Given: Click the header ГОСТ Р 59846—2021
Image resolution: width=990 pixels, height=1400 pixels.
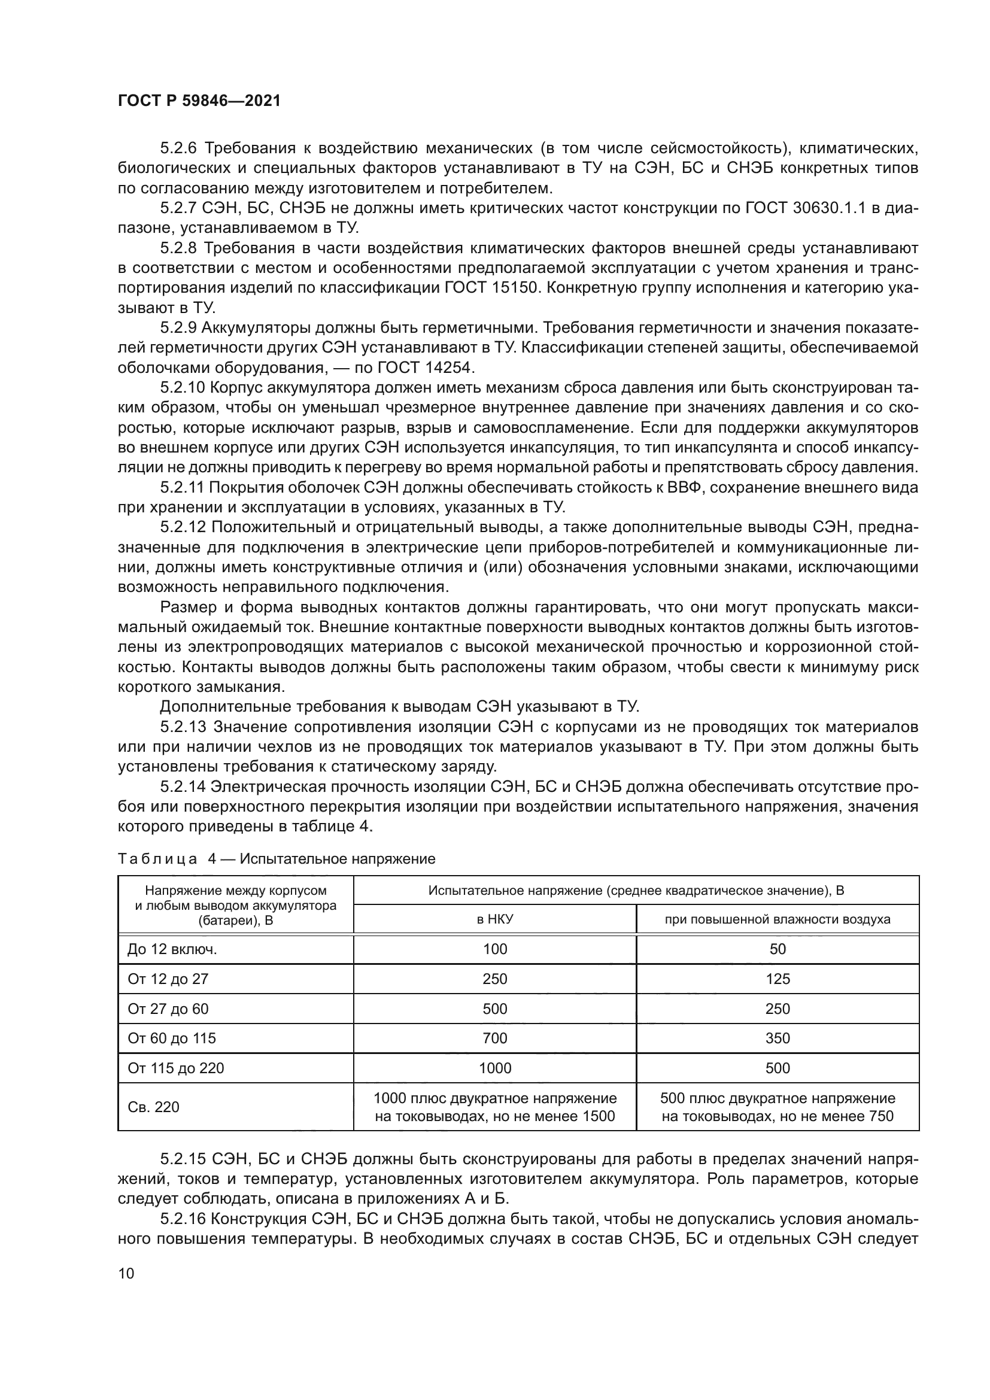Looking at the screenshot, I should [x=199, y=101].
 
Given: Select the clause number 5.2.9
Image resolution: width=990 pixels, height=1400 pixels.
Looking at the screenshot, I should [x=178, y=328].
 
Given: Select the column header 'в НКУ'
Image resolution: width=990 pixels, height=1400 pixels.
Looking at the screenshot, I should [x=494, y=919].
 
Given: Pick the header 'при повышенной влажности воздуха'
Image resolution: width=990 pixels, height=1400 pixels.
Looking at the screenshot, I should [x=778, y=919].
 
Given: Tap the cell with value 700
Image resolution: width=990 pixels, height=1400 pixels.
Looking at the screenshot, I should [x=494, y=1038].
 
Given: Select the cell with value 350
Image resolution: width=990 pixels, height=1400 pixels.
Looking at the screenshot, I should [x=778, y=1038].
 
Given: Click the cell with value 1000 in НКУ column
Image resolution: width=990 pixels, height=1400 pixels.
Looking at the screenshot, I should [x=494, y=1068].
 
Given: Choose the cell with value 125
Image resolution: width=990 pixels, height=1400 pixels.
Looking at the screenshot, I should [x=778, y=979].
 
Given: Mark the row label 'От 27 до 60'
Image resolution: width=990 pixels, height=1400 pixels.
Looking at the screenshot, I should [x=168, y=1009].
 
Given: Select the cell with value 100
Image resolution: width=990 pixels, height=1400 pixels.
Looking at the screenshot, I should [x=494, y=949].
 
